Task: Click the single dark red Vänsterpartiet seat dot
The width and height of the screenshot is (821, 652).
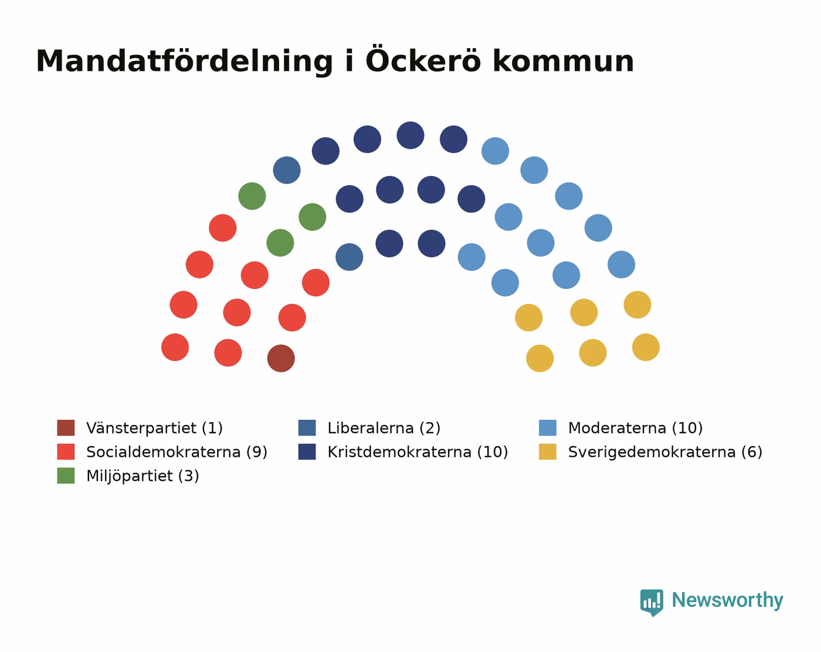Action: [281, 358]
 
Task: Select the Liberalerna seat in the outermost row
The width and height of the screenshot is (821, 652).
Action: [287, 170]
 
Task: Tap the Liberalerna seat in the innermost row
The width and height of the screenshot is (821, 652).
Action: [349, 257]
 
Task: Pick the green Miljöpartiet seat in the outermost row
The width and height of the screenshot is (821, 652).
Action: [252, 196]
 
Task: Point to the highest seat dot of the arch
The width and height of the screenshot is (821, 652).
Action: [410, 135]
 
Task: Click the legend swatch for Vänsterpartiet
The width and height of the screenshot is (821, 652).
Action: [66, 427]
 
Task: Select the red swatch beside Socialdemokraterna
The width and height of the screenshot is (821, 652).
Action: [66, 451]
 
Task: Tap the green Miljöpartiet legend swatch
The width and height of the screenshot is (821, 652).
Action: [66, 476]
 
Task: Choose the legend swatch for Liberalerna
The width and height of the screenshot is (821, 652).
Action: [307, 427]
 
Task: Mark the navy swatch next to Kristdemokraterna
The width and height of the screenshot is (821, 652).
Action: [307, 451]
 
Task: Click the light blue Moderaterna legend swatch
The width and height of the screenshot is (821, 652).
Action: [548, 427]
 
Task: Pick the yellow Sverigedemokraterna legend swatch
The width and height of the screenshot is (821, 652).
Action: [548, 451]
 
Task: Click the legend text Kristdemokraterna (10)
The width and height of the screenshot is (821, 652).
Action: [418, 452]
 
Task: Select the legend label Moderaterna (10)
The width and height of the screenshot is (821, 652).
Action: [635, 428]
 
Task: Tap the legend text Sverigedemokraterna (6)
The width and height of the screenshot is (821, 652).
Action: [665, 452]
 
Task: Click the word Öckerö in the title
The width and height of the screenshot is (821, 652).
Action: [423, 60]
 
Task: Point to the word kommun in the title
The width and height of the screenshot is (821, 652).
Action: [563, 60]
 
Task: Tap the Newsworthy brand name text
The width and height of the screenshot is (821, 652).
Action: [728, 601]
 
